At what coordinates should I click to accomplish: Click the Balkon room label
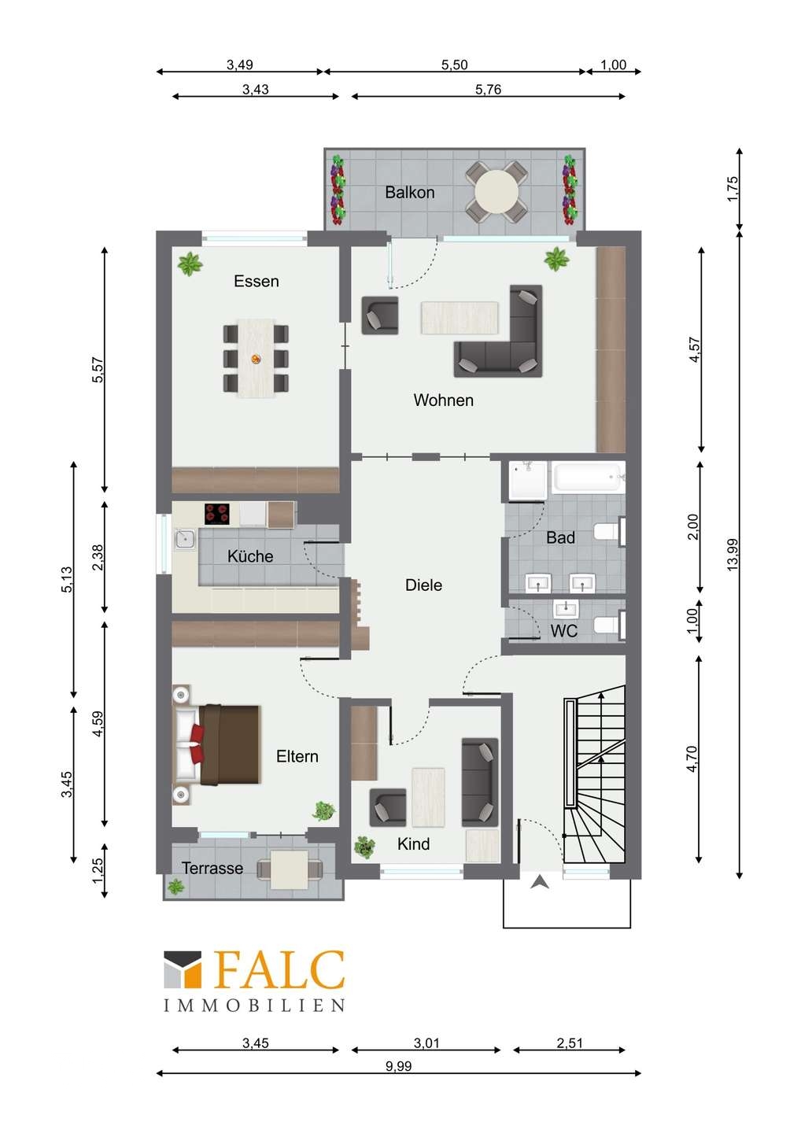coord(410,192)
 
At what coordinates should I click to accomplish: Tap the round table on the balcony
coord(496,192)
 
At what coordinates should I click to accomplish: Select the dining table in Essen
coord(257,358)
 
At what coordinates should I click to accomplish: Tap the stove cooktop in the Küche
coord(217,513)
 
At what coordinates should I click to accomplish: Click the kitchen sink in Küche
coord(185,539)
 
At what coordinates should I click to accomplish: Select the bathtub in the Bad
coord(587,477)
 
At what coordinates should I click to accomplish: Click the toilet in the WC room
coord(608,626)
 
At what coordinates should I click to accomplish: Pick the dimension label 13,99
coord(733,555)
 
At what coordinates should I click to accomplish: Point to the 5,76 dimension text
coord(488,90)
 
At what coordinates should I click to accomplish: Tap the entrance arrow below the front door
coord(540,883)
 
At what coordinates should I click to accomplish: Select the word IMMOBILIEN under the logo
coord(254,1005)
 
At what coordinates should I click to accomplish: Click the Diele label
coord(424,585)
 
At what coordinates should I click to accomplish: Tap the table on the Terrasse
coord(290,869)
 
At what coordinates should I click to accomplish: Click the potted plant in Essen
coord(190,264)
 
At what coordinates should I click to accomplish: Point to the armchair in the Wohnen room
coord(380,316)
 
